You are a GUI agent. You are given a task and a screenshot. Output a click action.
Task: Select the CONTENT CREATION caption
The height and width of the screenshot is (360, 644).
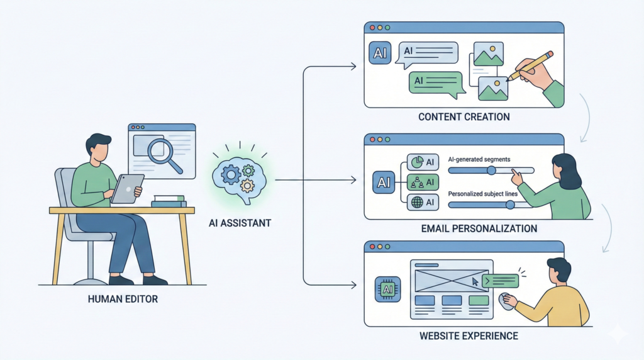(465, 118)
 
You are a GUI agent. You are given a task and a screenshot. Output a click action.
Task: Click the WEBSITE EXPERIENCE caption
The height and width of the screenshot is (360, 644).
(469, 336)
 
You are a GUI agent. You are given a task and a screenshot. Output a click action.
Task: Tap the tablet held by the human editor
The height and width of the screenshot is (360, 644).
(127, 188)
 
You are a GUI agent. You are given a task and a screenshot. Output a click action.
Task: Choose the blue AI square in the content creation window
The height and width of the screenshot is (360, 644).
(380, 53)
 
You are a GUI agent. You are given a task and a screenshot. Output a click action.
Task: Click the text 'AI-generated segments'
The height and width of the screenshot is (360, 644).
(479, 160)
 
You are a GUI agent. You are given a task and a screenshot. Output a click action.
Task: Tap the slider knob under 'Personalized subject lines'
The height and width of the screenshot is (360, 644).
(510, 205)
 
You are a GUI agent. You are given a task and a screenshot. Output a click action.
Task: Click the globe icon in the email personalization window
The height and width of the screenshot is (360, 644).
(415, 203)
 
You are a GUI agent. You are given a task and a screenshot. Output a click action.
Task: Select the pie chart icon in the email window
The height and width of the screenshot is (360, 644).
(415, 162)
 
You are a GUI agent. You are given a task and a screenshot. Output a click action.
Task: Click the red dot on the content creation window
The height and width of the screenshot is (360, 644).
(372, 28)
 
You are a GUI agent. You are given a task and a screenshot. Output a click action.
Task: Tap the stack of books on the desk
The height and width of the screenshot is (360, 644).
(169, 200)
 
